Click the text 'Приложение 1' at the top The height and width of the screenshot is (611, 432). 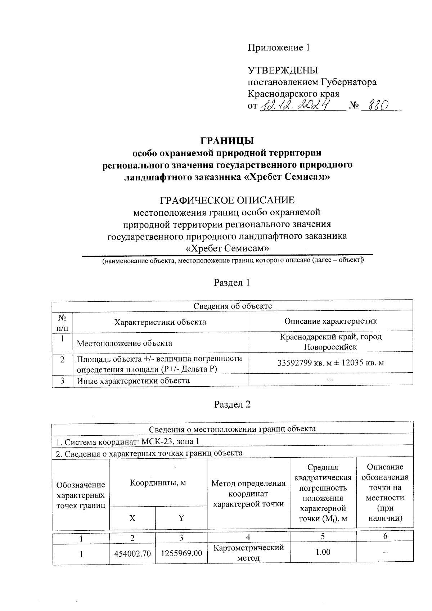278,48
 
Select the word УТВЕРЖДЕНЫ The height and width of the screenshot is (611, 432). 283,70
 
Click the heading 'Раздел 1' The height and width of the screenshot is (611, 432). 232,283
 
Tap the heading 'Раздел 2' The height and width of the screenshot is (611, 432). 232,404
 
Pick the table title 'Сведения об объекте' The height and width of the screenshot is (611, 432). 233,306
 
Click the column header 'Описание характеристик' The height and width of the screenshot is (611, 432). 330,321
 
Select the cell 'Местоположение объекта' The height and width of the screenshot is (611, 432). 125,343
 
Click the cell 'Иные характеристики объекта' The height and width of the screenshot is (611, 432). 133,381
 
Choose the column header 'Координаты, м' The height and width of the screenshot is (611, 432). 158,482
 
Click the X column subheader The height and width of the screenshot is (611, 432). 132,518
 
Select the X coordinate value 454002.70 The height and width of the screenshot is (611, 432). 132,553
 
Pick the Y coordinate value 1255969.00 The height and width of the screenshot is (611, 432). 181,553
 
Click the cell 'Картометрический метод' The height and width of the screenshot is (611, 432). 248,553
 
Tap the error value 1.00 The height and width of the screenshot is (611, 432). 323,552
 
